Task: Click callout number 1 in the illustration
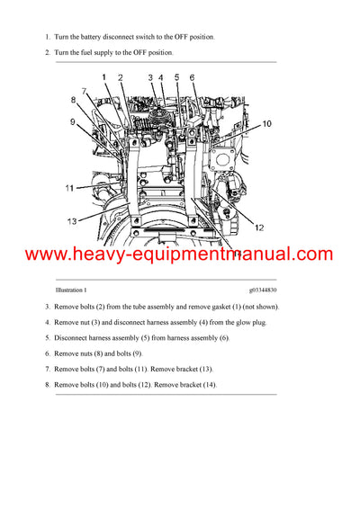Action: (104, 77)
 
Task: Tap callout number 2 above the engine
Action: (121, 77)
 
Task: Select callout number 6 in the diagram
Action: (192, 78)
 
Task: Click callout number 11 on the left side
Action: (68, 188)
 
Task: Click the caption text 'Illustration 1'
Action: (71, 290)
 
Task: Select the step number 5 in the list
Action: (48, 338)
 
